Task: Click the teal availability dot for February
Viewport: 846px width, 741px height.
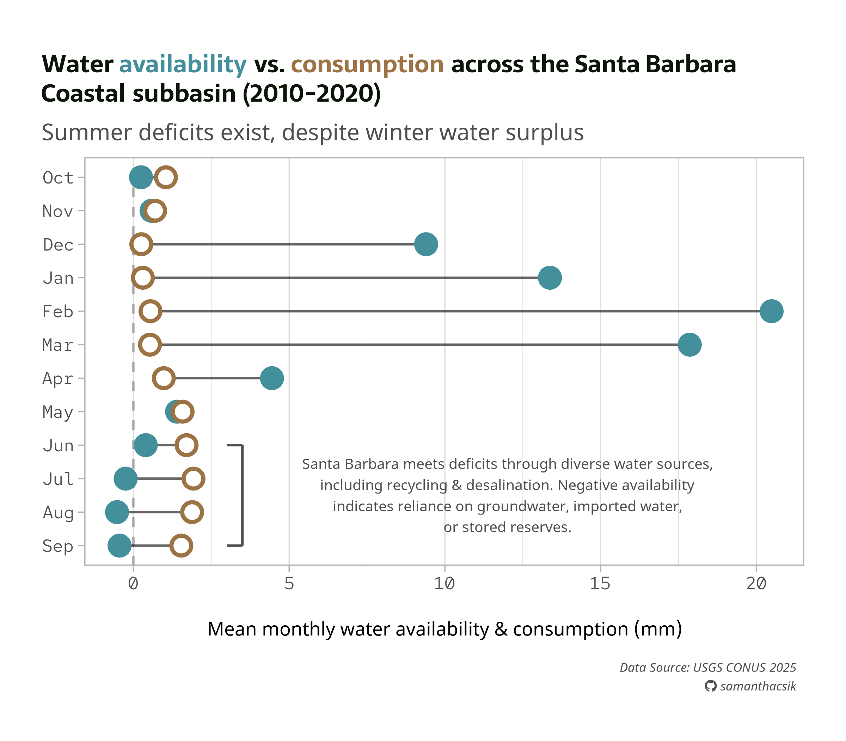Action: click(771, 311)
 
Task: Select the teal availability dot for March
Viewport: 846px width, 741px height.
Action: click(689, 344)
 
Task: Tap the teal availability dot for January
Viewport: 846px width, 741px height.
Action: click(550, 277)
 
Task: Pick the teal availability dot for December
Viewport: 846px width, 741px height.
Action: click(426, 244)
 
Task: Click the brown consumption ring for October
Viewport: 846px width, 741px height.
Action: click(166, 177)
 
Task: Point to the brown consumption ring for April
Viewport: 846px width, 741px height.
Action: click(164, 378)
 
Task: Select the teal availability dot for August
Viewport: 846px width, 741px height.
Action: click(117, 512)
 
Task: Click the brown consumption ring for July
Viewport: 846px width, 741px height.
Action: click(193, 478)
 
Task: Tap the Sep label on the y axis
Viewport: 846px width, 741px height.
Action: click(58, 546)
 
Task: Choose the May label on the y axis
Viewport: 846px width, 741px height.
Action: click(58, 412)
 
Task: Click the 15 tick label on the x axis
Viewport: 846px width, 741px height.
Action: click(600, 584)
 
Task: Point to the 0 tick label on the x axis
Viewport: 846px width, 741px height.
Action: click(133, 584)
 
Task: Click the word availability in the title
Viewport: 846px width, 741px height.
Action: click(183, 65)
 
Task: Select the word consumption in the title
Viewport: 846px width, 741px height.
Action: click(367, 65)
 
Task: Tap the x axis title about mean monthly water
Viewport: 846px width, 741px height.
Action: click(445, 629)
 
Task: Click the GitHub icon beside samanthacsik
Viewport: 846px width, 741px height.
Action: click(710, 686)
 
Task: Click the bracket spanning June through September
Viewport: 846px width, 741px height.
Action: click(242, 495)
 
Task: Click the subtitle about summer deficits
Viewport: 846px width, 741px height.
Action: click(313, 133)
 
